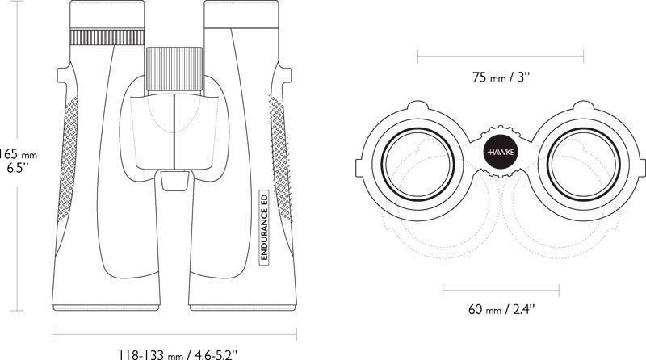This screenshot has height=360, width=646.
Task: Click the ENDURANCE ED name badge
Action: [x=264, y=226]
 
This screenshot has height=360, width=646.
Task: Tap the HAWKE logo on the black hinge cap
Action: [x=501, y=153]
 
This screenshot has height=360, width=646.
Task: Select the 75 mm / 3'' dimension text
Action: [x=501, y=77]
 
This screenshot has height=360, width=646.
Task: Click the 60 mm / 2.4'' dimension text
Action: [x=501, y=309]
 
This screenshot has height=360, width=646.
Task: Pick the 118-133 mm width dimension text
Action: [x=178, y=354]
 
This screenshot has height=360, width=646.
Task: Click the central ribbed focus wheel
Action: [x=174, y=69]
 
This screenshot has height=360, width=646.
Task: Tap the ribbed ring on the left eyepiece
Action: [x=107, y=36]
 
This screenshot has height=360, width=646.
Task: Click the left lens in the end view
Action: [x=417, y=165]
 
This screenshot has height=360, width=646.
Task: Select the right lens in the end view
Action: [x=584, y=165]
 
